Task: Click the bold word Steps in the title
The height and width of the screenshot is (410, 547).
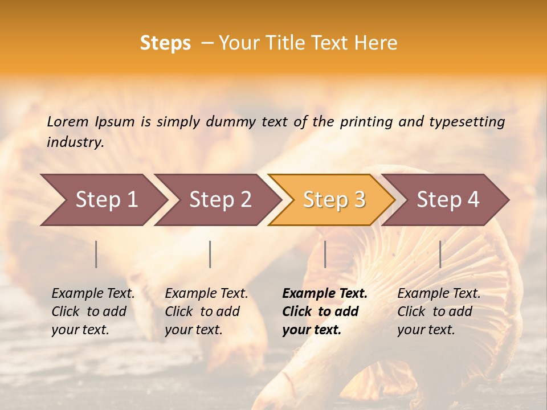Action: click(165, 43)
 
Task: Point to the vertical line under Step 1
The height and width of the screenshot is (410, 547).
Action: click(96, 254)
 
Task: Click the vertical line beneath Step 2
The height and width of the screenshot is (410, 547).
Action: click(210, 254)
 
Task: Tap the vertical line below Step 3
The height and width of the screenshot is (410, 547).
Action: click(325, 254)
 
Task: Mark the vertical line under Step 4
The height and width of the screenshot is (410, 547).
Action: click(440, 254)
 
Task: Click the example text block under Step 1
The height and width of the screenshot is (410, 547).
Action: click(93, 311)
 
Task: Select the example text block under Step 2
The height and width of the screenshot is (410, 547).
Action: click(206, 311)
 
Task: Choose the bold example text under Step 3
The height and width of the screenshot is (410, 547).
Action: click(325, 311)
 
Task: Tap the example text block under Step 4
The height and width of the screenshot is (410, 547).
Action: click(439, 311)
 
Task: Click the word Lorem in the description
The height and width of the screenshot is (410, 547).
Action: click(68, 122)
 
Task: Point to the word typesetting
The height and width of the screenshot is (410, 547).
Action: click(467, 122)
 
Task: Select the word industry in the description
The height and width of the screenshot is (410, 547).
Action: click(75, 142)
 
